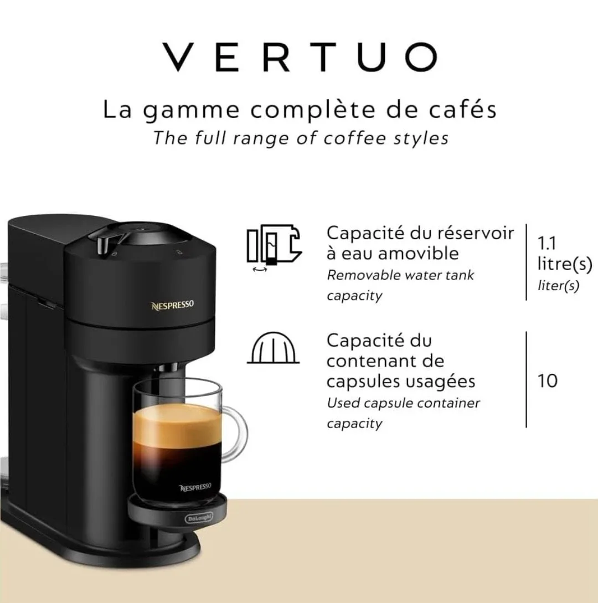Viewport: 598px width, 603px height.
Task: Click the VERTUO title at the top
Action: (300, 56)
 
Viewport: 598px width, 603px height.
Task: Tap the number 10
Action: (547, 381)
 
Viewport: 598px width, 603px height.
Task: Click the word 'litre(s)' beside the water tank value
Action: (564, 264)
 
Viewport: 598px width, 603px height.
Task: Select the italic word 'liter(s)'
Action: (558, 286)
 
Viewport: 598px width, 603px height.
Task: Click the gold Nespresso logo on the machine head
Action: (173, 306)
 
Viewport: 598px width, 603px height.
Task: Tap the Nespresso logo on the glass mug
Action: (195, 487)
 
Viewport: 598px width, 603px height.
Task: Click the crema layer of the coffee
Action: (176, 424)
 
